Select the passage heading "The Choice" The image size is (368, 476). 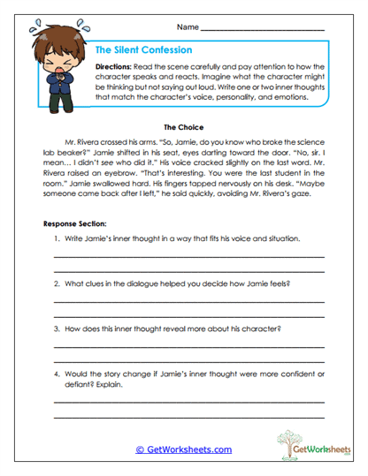point(183,126)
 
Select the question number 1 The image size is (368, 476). point(55,239)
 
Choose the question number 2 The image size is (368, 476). point(55,283)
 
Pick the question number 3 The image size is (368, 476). point(55,329)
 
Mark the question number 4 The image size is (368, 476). point(55,374)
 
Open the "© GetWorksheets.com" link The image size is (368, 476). point(184,450)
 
